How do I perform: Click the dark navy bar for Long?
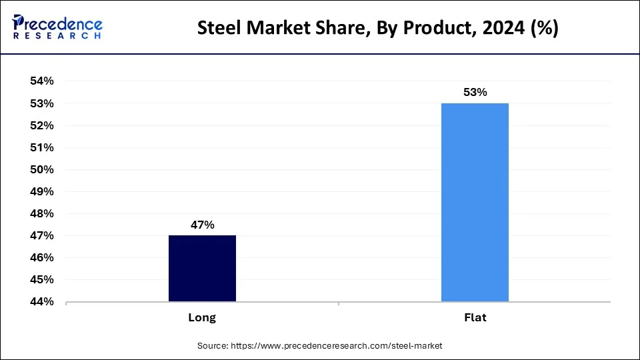(x=202, y=268)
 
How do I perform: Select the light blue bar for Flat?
(x=475, y=202)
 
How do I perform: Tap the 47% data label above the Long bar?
(x=202, y=225)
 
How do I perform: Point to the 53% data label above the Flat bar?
(x=475, y=93)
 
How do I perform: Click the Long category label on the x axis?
(x=202, y=318)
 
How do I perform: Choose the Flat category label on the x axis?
(x=475, y=318)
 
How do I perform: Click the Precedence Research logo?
(x=57, y=27)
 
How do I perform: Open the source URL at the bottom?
(x=336, y=346)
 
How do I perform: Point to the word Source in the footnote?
(x=212, y=346)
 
